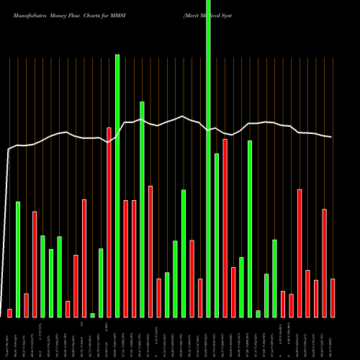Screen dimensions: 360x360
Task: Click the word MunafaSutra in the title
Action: pyautogui.click(x=30, y=14)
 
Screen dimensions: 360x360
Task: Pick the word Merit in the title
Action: pyautogui.click(x=193, y=14)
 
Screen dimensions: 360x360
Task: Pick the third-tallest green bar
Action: pyautogui.click(x=142, y=209)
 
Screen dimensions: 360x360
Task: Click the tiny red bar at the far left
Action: pyautogui.click(x=9, y=312)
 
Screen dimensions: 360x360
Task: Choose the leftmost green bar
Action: pyautogui.click(x=18, y=259)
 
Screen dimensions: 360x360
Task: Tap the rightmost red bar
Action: pyautogui.click(x=333, y=297)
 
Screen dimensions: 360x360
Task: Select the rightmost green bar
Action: pyautogui.click(x=274, y=278)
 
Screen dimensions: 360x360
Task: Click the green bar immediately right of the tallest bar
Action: pyautogui.click(x=216, y=235)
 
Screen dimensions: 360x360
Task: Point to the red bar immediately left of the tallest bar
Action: pyautogui.click(x=200, y=297)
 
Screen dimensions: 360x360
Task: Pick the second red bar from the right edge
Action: pyautogui.click(x=324, y=263)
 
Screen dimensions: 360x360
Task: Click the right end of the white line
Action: pyautogui.click(x=332, y=137)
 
